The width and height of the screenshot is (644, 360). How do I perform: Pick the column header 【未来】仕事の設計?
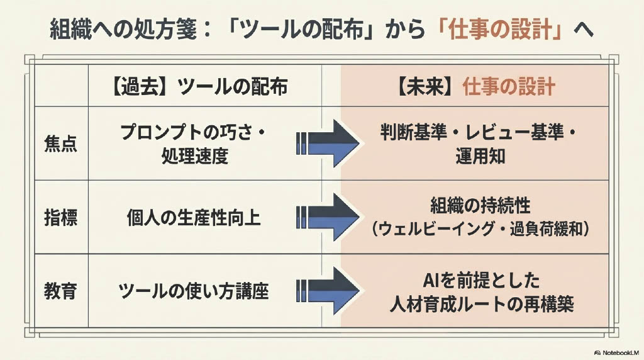[x=475, y=86]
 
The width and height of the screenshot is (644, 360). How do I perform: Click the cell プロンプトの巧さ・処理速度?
[x=193, y=143]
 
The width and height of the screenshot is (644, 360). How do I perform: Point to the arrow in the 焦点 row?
[x=326, y=143]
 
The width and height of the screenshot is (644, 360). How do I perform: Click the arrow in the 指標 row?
[x=326, y=218]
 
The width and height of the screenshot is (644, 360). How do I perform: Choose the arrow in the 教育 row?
[x=326, y=291]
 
